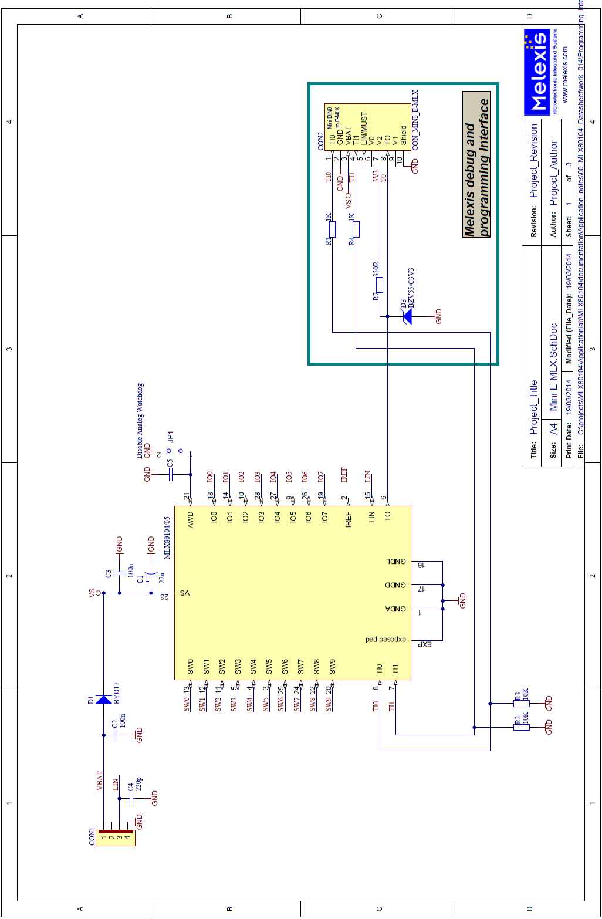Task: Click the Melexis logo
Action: pos(537,73)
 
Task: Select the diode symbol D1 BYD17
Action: pos(104,699)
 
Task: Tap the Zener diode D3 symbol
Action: pos(406,317)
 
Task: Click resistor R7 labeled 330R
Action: pos(380,285)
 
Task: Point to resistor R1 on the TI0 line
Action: pos(332,229)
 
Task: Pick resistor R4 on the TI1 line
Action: pos(356,229)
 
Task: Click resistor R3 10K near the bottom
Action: pos(521,703)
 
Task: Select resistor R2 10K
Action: pos(521,727)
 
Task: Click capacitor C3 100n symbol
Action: pos(120,573)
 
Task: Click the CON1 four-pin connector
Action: pos(116,837)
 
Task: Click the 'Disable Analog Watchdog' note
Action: pos(140,421)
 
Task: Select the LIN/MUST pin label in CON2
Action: pos(364,129)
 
